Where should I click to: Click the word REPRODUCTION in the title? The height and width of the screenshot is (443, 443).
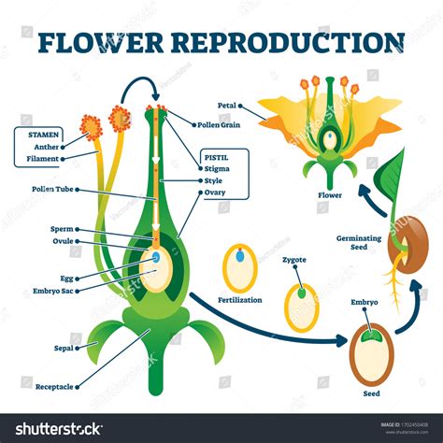point(307,42)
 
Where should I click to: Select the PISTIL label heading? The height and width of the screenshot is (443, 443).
point(216,157)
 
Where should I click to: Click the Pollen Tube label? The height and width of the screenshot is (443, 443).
point(40,189)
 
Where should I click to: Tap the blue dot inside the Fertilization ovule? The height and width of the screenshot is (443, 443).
point(240,254)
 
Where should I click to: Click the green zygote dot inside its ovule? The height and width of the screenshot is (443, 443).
point(301,293)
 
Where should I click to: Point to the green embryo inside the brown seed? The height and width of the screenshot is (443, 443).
point(371,332)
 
